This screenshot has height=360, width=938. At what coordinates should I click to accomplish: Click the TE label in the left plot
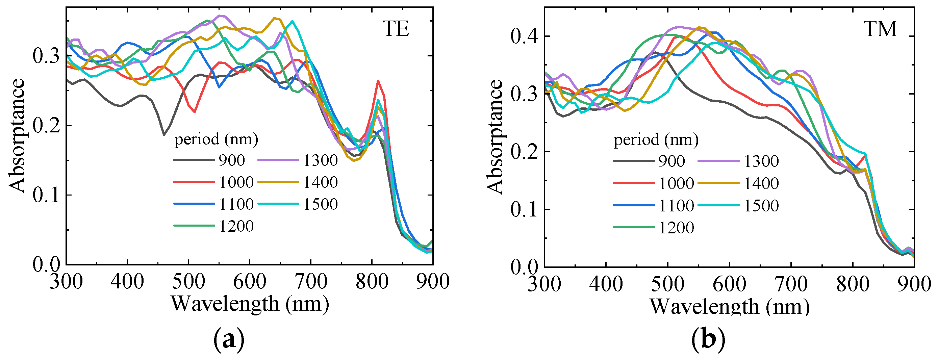point(396,29)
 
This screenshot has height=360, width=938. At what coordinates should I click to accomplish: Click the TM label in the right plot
point(881,29)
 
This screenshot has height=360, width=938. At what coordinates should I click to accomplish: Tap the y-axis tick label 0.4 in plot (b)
point(524,36)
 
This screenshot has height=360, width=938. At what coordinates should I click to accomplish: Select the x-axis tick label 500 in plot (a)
point(188,282)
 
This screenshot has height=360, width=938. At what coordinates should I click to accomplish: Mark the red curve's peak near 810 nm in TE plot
point(378,81)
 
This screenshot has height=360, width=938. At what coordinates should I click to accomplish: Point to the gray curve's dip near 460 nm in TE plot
point(164,135)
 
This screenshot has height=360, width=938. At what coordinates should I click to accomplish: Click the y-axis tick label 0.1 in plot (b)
point(524,210)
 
